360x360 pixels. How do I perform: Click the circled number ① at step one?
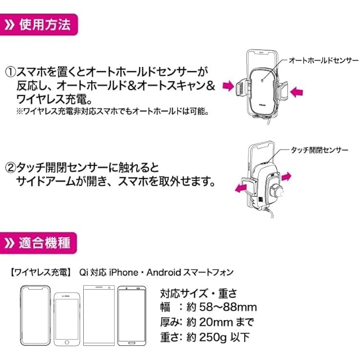[x=11, y=73]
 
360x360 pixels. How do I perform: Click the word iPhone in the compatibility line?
[x=123, y=272]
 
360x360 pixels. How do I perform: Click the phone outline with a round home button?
[x=67, y=318]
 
